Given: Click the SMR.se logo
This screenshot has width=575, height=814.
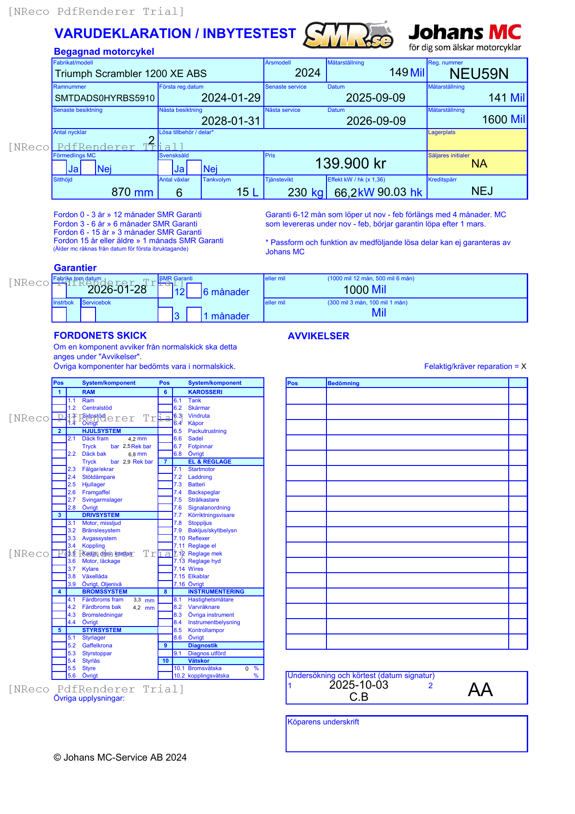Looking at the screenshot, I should (x=348, y=35).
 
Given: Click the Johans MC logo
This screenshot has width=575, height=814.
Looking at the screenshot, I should (x=465, y=37).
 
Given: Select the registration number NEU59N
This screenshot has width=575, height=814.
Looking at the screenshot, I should (x=479, y=74).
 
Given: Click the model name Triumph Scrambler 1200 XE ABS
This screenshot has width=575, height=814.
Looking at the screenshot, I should (x=131, y=74).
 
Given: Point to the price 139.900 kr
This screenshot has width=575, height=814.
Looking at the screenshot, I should (x=350, y=164).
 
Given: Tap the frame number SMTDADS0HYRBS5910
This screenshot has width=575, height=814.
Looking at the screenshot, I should (x=105, y=98).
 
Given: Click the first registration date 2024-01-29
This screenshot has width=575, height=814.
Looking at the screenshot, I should (x=230, y=98).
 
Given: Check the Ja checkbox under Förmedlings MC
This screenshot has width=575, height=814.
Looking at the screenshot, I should (x=59, y=168).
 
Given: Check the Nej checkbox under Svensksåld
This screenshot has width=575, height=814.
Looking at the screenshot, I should (x=194, y=168).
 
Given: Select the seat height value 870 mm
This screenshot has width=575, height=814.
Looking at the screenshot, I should (x=132, y=192).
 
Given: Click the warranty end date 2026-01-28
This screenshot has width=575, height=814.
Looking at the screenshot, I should (x=117, y=290).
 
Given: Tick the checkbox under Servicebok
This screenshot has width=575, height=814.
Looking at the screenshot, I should (x=88, y=314).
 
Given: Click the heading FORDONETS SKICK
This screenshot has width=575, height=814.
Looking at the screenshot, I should (x=100, y=336).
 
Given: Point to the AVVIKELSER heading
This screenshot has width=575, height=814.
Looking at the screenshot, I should (x=318, y=336).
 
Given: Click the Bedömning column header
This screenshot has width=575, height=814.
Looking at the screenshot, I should (x=343, y=383).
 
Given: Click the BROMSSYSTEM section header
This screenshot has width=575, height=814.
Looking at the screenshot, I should (x=104, y=592).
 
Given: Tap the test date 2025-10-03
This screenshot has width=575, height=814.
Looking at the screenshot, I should (x=358, y=685).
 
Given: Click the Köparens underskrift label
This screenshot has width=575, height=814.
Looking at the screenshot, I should (x=323, y=722).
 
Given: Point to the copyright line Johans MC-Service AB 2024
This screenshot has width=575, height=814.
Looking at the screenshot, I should (x=120, y=757).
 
